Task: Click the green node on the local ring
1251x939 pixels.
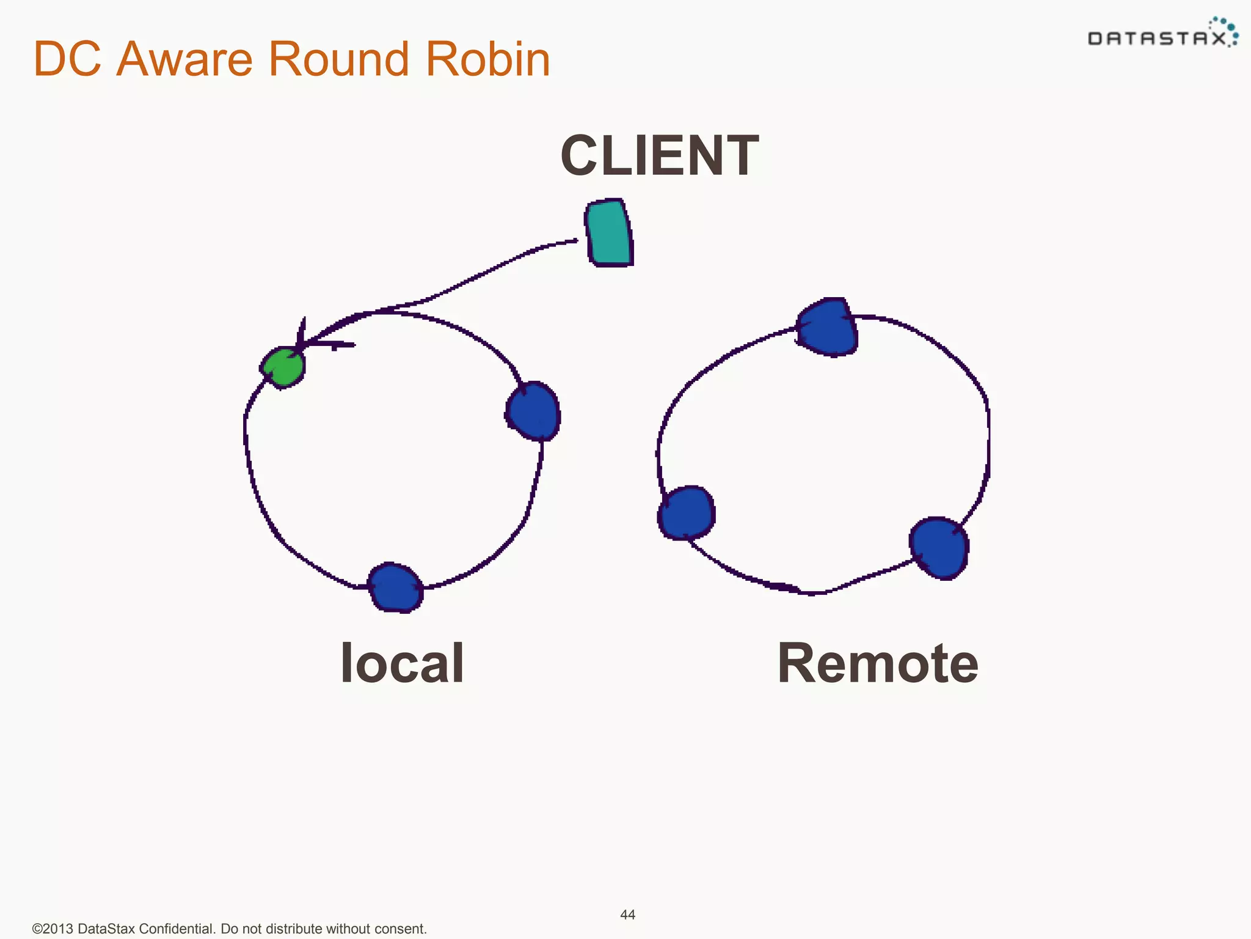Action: click(283, 367)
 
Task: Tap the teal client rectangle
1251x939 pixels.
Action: click(609, 233)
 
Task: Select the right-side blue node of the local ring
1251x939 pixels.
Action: click(533, 411)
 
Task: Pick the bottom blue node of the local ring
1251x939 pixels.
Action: click(395, 587)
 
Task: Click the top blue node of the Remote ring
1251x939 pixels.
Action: click(828, 327)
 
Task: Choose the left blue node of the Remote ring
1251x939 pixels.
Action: click(687, 513)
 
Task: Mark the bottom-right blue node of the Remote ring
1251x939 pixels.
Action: click(939, 548)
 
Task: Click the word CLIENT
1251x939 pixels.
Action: click(660, 156)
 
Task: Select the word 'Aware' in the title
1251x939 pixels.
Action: click(184, 59)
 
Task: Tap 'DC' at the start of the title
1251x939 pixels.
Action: click(67, 59)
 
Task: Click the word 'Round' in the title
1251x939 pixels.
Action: click(338, 59)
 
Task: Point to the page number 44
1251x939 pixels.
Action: click(627, 915)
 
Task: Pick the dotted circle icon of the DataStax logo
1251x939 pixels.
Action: click(1227, 29)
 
